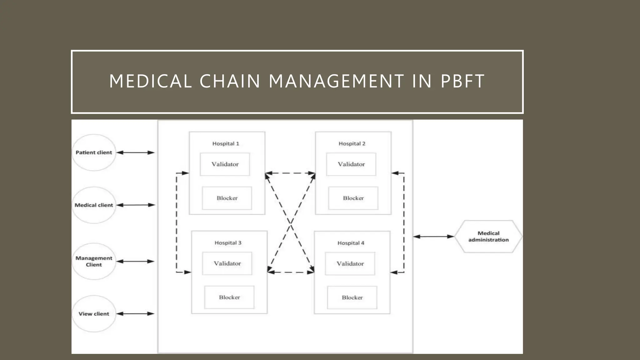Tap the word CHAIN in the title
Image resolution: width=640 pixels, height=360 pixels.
(230, 81)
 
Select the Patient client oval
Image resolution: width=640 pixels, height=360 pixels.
(94, 152)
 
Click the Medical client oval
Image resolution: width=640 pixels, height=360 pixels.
(94, 205)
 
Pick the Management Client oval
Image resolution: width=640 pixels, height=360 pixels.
(94, 261)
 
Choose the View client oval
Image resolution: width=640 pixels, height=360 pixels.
(94, 314)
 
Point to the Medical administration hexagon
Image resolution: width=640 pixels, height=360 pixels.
(488, 237)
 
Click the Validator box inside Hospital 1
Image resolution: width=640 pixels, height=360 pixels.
(225, 164)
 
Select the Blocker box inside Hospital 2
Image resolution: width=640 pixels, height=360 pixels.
(353, 198)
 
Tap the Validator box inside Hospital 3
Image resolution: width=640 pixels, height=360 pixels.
(227, 263)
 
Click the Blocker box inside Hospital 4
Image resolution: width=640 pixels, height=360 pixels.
(352, 297)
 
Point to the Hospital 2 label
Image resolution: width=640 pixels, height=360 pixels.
(352, 143)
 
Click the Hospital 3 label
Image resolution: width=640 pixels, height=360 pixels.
(228, 243)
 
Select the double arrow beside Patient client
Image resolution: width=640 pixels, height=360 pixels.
(135, 152)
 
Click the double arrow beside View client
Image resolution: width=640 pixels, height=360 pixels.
(135, 313)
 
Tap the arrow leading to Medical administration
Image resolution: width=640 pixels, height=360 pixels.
(433, 237)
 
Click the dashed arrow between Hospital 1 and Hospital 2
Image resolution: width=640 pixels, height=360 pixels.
(290, 173)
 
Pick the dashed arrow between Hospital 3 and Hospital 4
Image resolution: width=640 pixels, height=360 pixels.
(291, 272)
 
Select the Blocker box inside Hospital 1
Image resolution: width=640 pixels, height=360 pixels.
(227, 198)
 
